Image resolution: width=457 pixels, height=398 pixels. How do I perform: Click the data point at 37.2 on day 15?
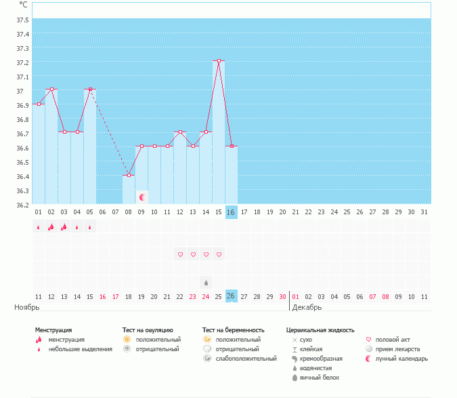[219, 61]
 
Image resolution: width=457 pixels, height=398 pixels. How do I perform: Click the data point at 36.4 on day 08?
[129, 175]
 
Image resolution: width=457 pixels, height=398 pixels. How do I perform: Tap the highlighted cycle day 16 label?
[231, 212]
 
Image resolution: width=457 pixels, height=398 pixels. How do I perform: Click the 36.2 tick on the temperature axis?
[22, 205]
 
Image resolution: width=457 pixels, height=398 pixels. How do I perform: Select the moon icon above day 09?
[142, 197]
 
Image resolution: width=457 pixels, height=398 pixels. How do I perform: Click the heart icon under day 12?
[180, 255]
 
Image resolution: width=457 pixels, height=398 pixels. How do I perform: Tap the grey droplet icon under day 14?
[206, 281]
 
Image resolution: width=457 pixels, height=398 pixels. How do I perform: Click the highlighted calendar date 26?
[231, 296]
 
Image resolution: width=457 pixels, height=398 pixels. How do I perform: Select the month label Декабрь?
[307, 308]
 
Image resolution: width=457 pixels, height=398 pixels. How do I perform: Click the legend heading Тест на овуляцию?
[148, 330]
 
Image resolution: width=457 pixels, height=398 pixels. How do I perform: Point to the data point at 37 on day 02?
[51, 89]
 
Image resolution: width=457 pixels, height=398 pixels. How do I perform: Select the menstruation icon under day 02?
[51, 227]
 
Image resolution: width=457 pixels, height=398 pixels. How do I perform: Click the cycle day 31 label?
[424, 212]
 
